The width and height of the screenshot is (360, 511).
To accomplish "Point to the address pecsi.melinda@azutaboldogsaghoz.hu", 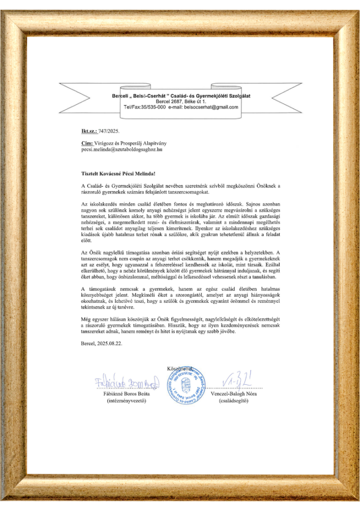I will pos(122,149).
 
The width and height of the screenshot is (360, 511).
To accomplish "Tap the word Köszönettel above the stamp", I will pos(177,368).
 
